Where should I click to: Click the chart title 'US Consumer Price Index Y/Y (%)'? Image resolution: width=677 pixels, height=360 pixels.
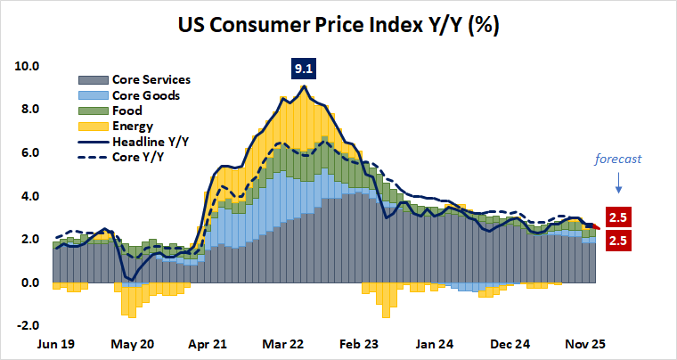(x=338, y=24)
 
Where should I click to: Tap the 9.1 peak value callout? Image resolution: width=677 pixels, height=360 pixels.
(x=305, y=68)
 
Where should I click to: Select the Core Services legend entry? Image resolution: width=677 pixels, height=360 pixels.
(x=151, y=79)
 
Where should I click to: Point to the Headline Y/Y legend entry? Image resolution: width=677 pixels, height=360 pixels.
(x=149, y=141)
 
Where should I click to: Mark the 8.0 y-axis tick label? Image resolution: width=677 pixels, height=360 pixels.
(x=30, y=110)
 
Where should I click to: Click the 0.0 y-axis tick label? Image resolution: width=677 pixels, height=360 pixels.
(x=30, y=282)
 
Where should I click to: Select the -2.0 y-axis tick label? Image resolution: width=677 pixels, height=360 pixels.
(x=29, y=326)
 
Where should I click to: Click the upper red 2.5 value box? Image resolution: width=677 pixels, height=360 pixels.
(x=619, y=217)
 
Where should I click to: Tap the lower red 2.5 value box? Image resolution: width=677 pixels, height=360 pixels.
(x=619, y=241)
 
